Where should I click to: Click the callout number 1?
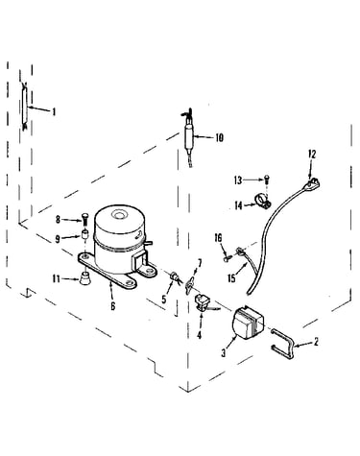pyautogui.click(x=54, y=111)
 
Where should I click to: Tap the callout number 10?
pyautogui.click(x=219, y=138)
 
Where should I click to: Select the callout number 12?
pyautogui.click(x=312, y=155)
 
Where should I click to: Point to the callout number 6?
pyautogui.click(x=113, y=306)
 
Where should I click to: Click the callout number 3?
pyautogui.click(x=224, y=353)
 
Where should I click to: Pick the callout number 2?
pyautogui.click(x=316, y=342)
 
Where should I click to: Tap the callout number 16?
pyautogui.click(x=218, y=238)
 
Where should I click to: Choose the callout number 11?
pyautogui.click(x=57, y=279)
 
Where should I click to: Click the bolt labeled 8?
pyautogui.click(x=84, y=219)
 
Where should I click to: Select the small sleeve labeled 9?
pyautogui.click(x=85, y=234)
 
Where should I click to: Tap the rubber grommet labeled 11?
pyautogui.click(x=84, y=278)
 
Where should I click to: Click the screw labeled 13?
pyautogui.click(x=267, y=180)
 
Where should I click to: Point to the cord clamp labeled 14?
pyautogui.click(x=262, y=200)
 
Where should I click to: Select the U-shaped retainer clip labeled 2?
pyautogui.click(x=283, y=346)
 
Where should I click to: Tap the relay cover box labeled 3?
pyautogui.click(x=249, y=322)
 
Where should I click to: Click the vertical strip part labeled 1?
pyautogui.click(x=24, y=106)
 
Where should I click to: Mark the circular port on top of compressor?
pyautogui.click(x=119, y=214)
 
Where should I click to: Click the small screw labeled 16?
pyautogui.click(x=228, y=256)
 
